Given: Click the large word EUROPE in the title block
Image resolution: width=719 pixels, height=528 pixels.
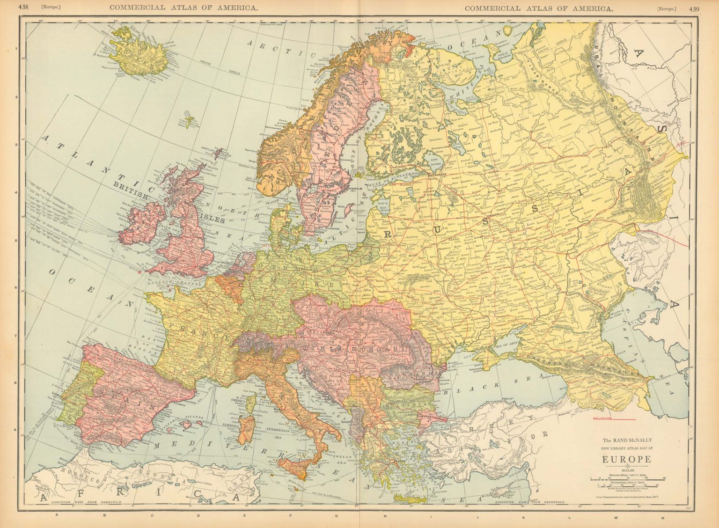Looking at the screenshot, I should pyautogui.click(x=626, y=459).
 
